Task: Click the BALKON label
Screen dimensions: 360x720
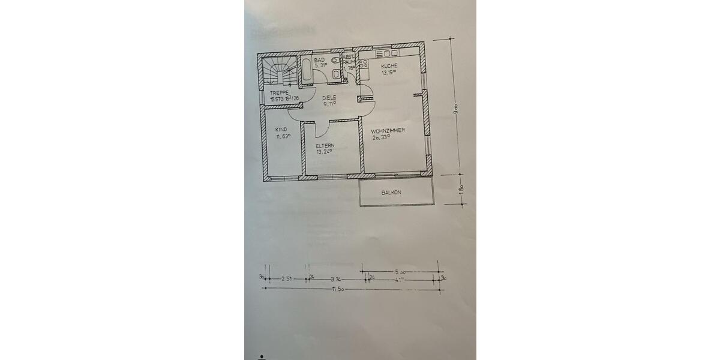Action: click(x=391, y=193)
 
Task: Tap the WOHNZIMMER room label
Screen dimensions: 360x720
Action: click(x=388, y=130)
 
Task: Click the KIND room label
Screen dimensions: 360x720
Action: click(x=281, y=129)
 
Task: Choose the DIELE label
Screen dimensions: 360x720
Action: click(x=329, y=97)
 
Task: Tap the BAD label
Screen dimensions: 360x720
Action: click(x=319, y=60)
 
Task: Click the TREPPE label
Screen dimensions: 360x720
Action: click(x=280, y=92)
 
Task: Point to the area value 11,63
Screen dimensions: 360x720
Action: click(x=283, y=136)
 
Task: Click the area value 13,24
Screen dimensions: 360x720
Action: click(x=325, y=152)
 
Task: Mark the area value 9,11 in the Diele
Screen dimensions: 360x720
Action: click(x=329, y=104)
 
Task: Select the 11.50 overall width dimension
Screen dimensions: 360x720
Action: click(x=341, y=290)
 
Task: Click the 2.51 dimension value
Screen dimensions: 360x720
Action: click(x=286, y=279)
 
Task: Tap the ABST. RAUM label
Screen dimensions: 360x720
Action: click(x=348, y=62)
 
